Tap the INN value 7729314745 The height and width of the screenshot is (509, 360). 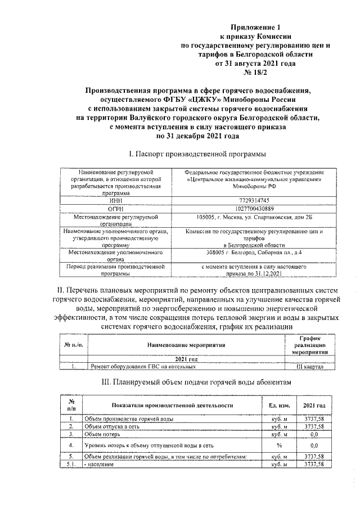click(x=255, y=200)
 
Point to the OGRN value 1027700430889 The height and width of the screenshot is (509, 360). click(x=255, y=208)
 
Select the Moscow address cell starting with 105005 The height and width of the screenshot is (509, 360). click(x=255, y=217)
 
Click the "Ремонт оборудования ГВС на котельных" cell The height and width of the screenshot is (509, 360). click(x=143, y=367)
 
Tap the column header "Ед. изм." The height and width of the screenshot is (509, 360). click(x=279, y=405)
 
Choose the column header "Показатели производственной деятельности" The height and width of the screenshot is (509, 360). click(x=172, y=405)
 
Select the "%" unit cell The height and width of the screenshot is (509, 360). click(x=279, y=445)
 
